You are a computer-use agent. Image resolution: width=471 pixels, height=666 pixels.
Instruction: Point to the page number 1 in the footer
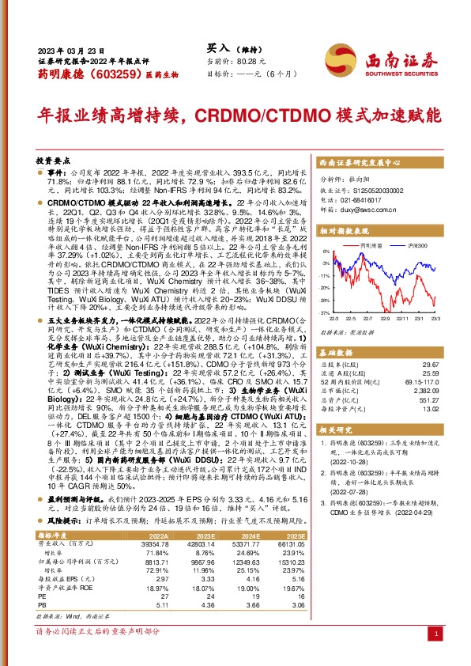point(438,655)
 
